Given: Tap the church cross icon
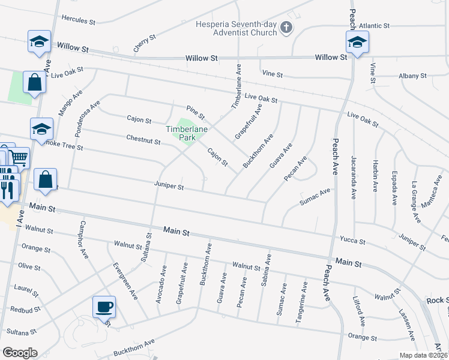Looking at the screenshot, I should point(286,27).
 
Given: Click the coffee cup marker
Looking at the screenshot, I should point(104,307).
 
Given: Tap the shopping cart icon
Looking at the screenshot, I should point(19,158).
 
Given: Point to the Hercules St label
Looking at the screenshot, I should point(79,22).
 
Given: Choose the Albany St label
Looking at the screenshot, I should point(412,76).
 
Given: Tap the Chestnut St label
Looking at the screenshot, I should point(143,142).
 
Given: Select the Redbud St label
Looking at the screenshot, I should point(25,310).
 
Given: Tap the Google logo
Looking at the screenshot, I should point(20,352).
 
